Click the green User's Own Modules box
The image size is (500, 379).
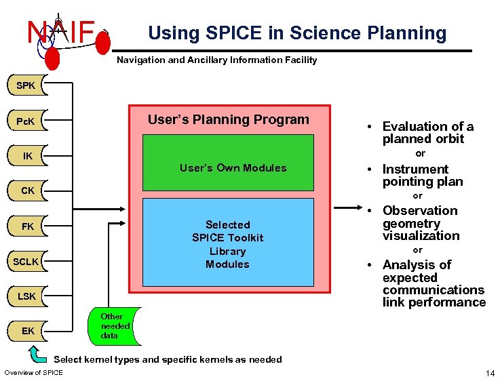coord(228,163)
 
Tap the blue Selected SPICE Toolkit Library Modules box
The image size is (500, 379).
coord(228,242)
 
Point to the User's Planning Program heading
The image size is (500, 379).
coord(228,120)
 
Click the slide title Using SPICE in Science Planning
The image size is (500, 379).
coord(297,33)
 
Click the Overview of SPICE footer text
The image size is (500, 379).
coord(33,372)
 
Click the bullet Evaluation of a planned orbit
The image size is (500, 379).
coord(427,132)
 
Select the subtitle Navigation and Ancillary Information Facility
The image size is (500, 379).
coord(216,60)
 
